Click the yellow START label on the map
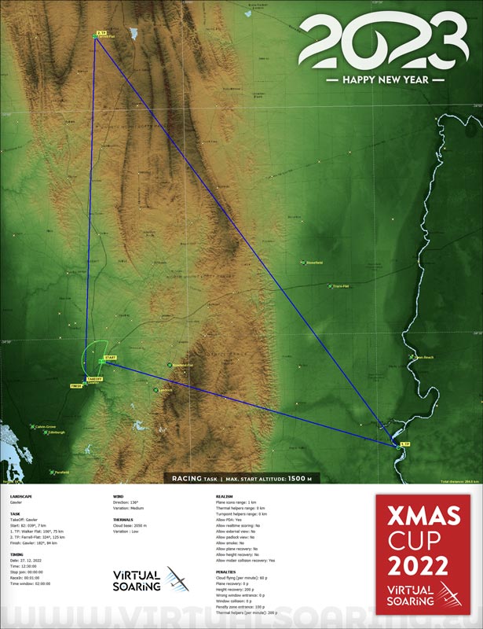(110, 358)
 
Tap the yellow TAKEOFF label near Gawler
(94, 379)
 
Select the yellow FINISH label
(76, 386)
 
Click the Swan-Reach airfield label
(424, 358)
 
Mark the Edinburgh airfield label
(57, 432)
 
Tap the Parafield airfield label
(60, 472)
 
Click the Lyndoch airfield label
(164, 389)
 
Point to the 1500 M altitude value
(300, 478)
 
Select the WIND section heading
(119, 497)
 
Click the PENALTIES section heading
(225, 572)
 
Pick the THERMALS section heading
(123, 520)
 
